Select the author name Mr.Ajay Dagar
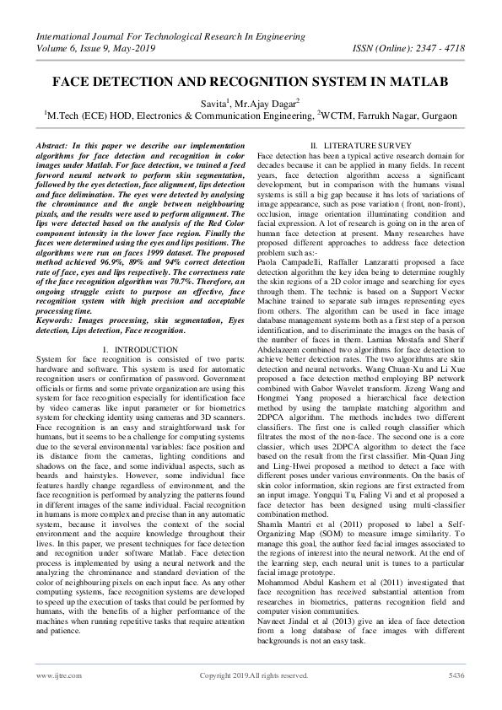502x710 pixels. pos(262,100)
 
